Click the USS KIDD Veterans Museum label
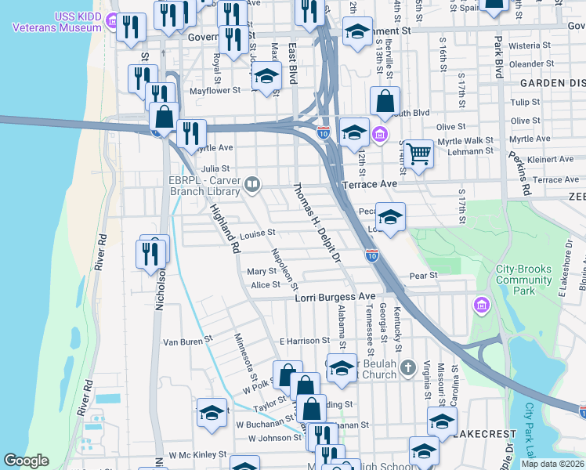click(57, 22)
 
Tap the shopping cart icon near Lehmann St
click(419, 153)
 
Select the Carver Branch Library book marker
click(252, 184)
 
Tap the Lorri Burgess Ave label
click(335, 298)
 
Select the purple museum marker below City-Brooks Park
click(481, 304)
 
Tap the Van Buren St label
click(187, 342)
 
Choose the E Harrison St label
click(305, 342)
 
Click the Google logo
click(26, 461)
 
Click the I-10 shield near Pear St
click(372, 255)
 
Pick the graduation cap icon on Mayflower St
click(266, 78)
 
